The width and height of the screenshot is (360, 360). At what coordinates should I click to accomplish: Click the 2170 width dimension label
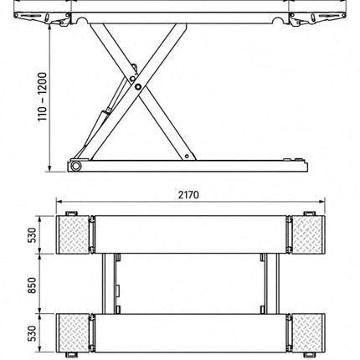point(188,195)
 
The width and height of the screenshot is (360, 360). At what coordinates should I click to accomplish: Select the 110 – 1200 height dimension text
point(43,97)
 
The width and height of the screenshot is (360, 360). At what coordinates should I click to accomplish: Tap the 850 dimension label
point(33,285)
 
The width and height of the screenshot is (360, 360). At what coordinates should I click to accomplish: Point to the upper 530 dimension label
point(33,235)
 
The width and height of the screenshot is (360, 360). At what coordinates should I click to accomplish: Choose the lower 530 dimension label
point(33,333)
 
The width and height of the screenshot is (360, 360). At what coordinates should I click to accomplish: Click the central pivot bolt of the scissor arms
point(137,86)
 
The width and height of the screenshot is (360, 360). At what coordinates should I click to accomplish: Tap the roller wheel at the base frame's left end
point(75,166)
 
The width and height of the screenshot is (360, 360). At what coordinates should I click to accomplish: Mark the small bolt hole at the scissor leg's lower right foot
point(187,157)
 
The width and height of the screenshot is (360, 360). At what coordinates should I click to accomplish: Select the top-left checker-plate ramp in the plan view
point(74,234)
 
